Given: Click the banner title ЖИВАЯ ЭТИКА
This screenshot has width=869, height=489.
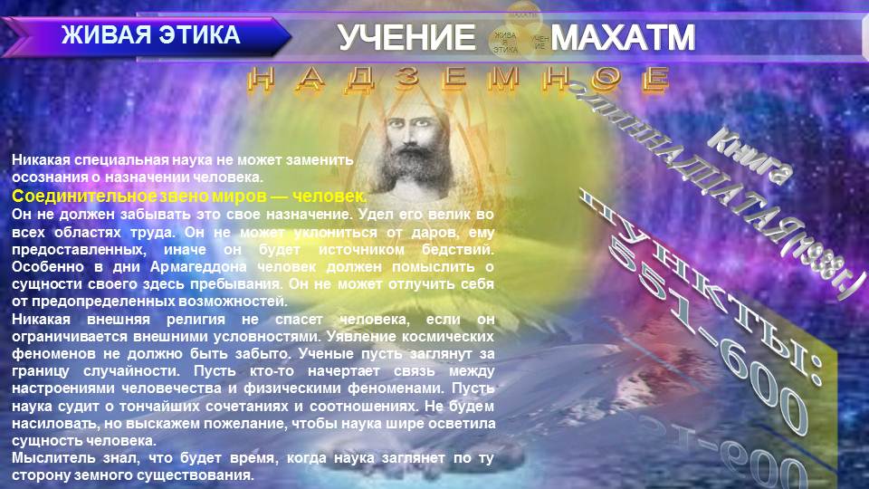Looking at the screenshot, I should coord(150,36).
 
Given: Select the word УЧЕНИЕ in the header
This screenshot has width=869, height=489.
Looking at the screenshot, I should coord(406,38).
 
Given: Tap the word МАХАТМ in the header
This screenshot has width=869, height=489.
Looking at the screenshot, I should coord(623,38).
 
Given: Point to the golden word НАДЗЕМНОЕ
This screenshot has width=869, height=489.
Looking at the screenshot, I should coord(458,81).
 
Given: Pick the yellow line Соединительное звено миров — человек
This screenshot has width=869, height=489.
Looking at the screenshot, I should coord(189,197).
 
